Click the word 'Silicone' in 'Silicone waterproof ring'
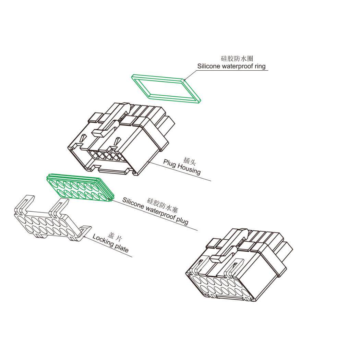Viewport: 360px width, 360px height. (x=208, y=67)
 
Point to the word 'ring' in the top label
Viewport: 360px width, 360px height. (x=260, y=67)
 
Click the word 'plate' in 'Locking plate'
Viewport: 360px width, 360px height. (x=121, y=248)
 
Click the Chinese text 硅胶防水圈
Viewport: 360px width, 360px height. (x=237, y=58)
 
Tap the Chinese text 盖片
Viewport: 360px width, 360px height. (x=115, y=237)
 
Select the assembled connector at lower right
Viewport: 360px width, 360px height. (x=239, y=264)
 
